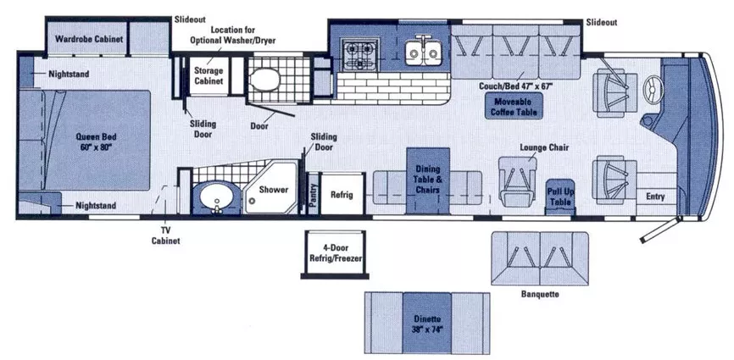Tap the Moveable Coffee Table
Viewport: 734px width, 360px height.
click(x=514, y=106)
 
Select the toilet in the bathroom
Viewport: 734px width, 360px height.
click(x=264, y=79)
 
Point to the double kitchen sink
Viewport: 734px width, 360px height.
click(x=423, y=52)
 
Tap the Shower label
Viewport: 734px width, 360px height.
click(x=274, y=190)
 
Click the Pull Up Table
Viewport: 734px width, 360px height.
click(x=560, y=197)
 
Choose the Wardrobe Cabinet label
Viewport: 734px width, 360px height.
click(x=89, y=38)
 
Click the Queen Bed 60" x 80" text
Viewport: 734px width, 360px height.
click(x=96, y=141)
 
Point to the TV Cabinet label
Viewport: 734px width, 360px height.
click(x=165, y=236)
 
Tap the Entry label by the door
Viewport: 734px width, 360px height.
click(x=655, y=197)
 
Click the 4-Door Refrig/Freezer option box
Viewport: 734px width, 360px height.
click(x=334, y=253)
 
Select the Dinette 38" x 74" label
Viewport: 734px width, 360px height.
click(x=427, y=323)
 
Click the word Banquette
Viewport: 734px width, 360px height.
click(x=540, y=295)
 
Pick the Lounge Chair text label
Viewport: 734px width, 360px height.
click(x=544, y=147)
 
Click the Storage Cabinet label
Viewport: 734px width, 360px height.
click(x=209, y=75)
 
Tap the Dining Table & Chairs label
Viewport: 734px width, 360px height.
click(x=428, y=180)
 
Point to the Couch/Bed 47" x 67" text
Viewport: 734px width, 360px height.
click(x=516, y=86)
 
